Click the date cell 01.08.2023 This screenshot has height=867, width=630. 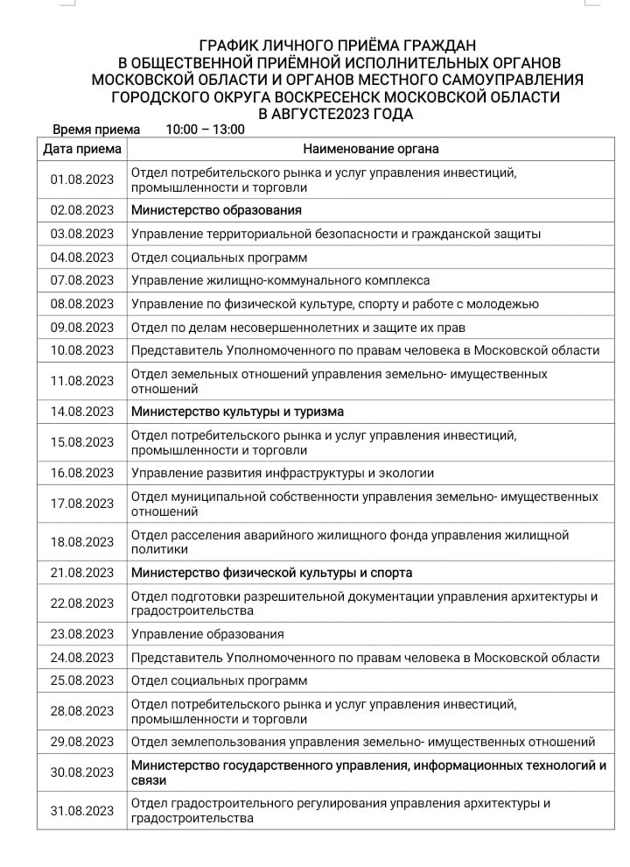point(82,180)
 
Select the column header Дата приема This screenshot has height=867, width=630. point(82,149)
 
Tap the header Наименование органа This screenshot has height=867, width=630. point(371,149)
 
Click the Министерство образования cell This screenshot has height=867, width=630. point(216,210)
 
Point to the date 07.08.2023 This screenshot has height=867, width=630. point(82,280)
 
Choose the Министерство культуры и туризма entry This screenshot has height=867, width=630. point(237,412)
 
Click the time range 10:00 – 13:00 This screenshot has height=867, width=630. point(205,129)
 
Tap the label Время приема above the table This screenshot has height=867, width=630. point(96,129)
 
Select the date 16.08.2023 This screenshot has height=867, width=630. point(82,473)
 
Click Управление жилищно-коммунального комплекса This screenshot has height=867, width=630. point(280,280)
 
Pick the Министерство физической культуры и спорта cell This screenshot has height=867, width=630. point(271,573)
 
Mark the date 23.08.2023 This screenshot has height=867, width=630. point(82,634)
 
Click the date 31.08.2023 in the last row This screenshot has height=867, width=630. point(82,811)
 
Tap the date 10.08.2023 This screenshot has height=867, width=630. point(82,350)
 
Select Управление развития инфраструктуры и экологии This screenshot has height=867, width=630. point(282,473)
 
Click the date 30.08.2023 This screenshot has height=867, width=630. point(82,772)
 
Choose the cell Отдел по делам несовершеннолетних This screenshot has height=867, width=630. point(297,328)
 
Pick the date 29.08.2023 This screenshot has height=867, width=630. point(82,742)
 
